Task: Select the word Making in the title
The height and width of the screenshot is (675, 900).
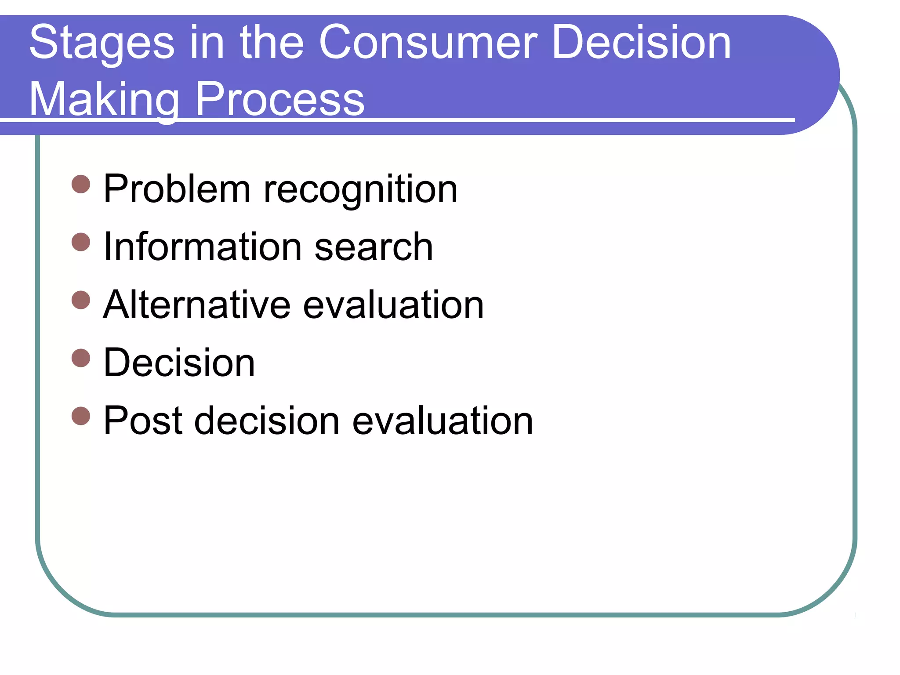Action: tap(104, 99)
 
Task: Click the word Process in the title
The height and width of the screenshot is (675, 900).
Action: tap(279, 99)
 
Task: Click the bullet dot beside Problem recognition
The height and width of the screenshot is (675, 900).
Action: tap(81, 184)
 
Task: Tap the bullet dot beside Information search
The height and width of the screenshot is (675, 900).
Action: tap(81, 242)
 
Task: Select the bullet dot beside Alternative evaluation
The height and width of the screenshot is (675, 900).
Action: tap(81, 300)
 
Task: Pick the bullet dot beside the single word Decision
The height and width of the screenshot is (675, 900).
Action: tap(81, 358)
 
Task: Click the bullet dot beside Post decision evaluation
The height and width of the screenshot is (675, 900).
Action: tap(81, 416)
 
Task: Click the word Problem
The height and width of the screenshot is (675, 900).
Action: tap(177, 189)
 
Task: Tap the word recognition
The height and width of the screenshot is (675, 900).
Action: tap(360, 190)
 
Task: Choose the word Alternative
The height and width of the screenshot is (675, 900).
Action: tap(196, 305)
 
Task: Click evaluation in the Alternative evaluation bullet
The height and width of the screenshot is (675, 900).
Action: tap(393, 305)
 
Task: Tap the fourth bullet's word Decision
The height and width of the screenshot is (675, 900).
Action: tap(179, 363)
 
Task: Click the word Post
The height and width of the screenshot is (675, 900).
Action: tap(143, 421)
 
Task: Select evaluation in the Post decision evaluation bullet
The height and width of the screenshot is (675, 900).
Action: tap(443, 421)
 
